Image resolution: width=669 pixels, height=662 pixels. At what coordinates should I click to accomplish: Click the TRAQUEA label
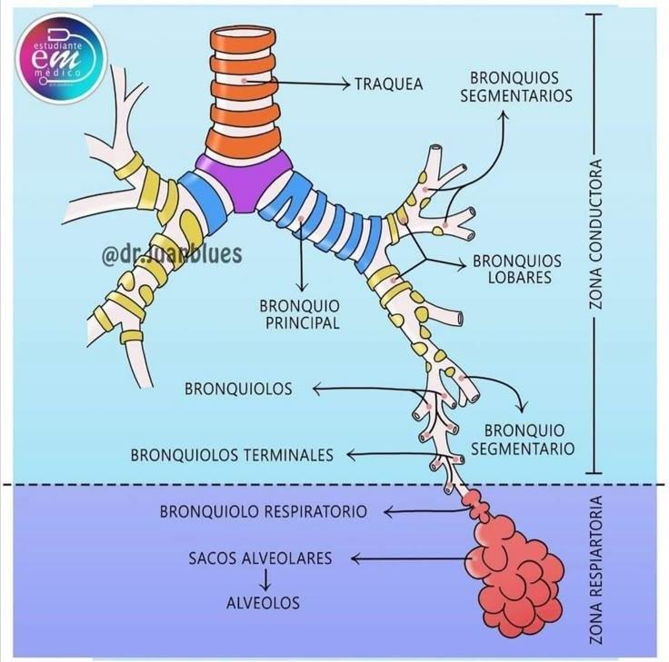click(x=389, y=84)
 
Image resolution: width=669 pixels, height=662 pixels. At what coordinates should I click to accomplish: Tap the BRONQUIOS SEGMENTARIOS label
click(x=515, y=86)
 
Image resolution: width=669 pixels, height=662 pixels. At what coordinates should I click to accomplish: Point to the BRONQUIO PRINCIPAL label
click(x=299, y=313)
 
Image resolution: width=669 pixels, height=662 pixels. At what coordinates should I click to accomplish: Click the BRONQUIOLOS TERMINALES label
click(x=232, y=454)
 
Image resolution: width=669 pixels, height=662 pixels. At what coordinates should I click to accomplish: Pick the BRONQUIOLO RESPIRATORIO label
click(x=264, y=511)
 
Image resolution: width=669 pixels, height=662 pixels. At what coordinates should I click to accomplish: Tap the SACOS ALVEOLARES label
click(x=261, y=558)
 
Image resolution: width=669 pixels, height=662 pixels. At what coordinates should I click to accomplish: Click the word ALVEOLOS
click(x=263, y=602)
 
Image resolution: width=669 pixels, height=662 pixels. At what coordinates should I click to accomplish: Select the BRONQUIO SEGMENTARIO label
click(x=523, y=439)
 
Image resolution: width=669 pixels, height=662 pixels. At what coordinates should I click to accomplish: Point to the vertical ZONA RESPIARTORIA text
click(x=596, y=570)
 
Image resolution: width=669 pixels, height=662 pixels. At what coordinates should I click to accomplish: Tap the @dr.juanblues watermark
click(x=172, y=253)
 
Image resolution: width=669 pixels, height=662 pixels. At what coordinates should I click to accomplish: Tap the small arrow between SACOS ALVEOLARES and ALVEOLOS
click(x=263, y=579)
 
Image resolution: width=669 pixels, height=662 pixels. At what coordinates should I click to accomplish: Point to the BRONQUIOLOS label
click(x=238, y=389)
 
